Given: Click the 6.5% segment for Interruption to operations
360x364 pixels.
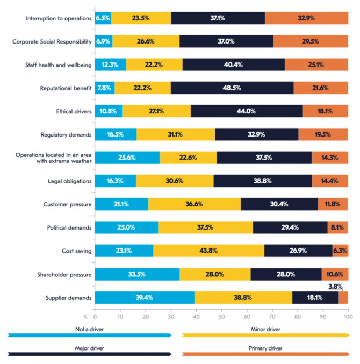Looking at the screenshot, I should [x=103, y=18].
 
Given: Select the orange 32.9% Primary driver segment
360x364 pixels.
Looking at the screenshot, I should [x=306, y=18].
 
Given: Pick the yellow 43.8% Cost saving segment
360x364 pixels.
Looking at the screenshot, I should [x=208, y=251].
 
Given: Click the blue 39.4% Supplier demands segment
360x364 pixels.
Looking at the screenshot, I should [x=145, y=297].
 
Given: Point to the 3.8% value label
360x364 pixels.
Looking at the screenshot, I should [x=335, y=287].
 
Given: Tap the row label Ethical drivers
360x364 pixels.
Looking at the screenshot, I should [x=73, y=111].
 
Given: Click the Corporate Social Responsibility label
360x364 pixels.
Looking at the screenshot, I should [x=52, y=41].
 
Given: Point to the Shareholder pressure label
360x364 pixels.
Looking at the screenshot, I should [x=64, y=275].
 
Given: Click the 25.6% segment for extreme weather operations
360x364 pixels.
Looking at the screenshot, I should [x=127, y=158].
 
